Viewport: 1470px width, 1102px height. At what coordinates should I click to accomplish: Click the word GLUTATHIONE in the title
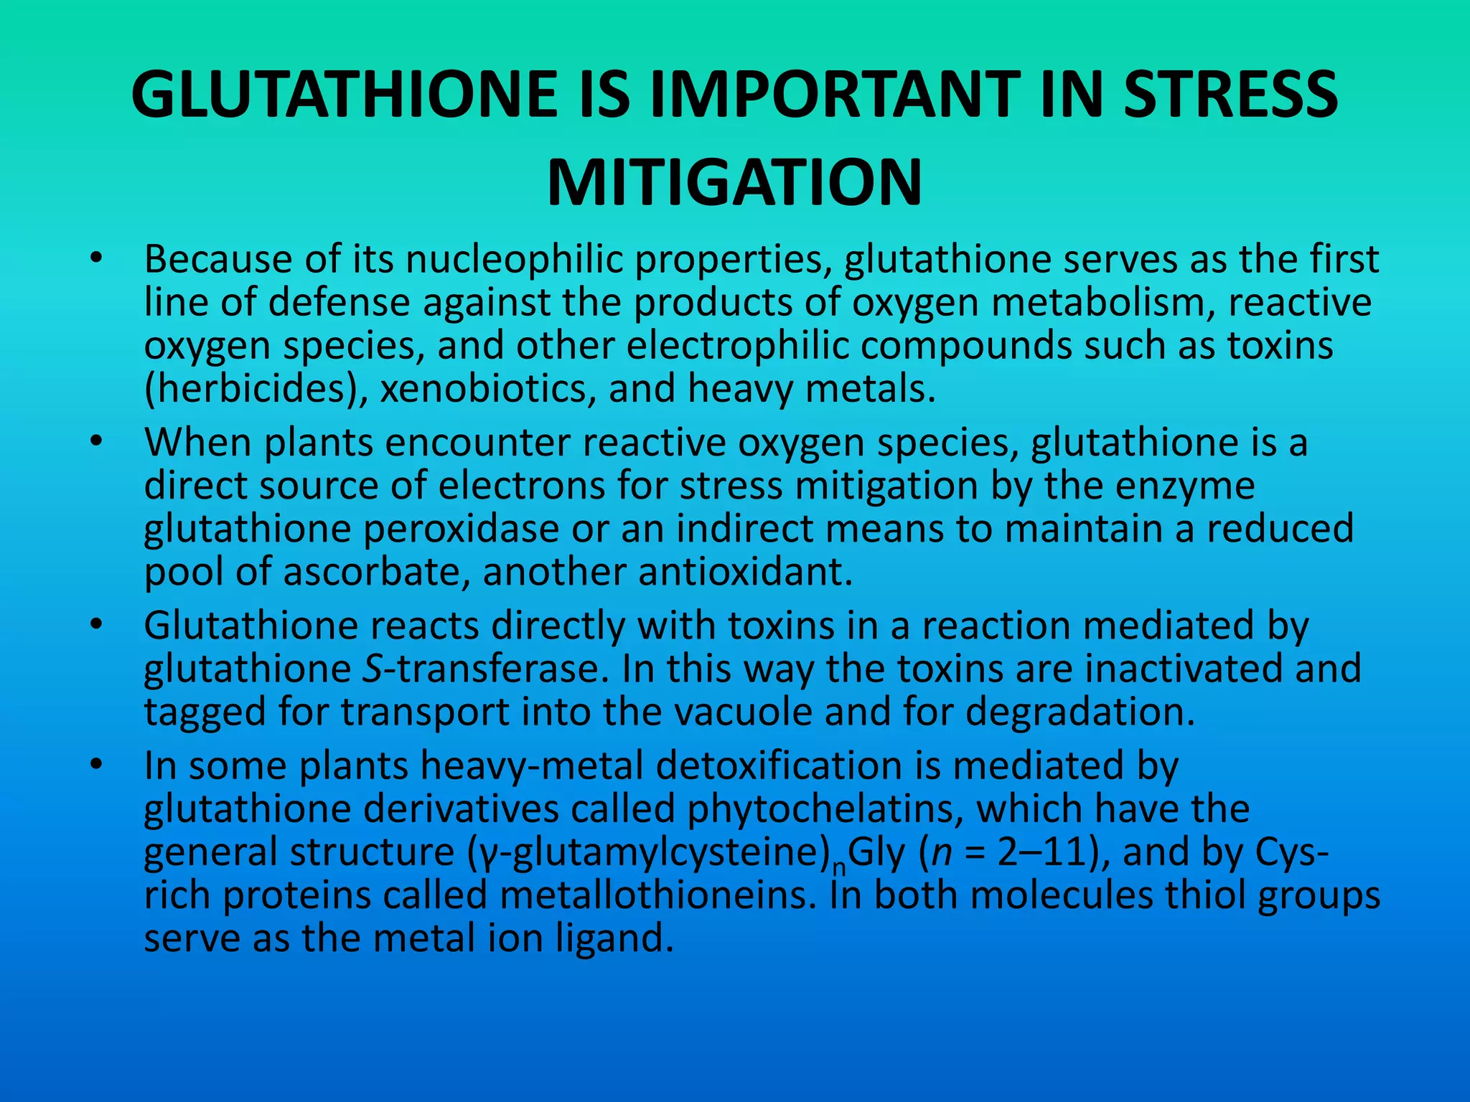point(345,95)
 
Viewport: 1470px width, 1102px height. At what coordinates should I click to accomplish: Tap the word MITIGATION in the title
point(734,183)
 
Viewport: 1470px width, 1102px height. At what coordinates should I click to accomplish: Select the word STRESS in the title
point(1230,95)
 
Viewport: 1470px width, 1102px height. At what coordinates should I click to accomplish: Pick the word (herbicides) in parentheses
point(256,389)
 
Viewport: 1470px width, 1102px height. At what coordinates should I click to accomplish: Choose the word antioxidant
point(739,572)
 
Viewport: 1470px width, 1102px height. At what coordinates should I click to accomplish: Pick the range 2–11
point(1042,852)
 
